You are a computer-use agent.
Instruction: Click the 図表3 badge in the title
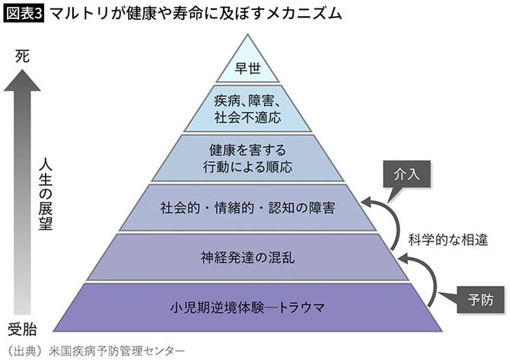25,13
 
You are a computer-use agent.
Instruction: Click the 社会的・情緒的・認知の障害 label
248,207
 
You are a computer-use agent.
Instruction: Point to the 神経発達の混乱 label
248,256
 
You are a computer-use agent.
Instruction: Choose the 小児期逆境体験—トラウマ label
248,307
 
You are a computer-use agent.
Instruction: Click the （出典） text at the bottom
24,351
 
